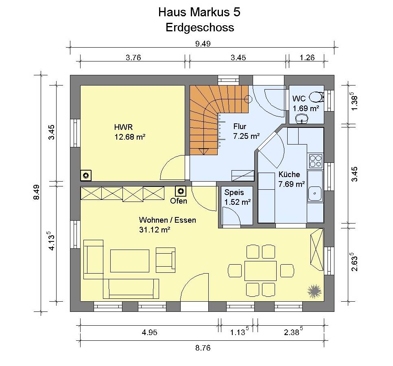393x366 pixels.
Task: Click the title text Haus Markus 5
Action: (199, 12)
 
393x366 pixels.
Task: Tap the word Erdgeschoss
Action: (200, 28)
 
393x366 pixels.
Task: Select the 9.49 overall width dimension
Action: (203, 44)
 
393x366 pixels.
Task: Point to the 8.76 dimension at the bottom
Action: (203, 348)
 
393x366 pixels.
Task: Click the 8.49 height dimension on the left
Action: (37, 192)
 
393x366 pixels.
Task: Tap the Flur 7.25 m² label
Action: (247, 131)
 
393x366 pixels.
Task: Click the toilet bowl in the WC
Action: (316, 97)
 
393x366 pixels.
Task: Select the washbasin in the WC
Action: (302, 118)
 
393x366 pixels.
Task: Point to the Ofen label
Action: (179, 201)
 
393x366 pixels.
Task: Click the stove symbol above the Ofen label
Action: (181, 191)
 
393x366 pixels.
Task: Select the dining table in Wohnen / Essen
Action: (260, 271)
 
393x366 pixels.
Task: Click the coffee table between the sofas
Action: (130, 261)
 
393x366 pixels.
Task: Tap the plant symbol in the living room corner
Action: (314, 291)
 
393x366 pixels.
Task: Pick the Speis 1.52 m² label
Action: (237, 197)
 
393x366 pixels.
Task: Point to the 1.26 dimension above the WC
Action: (307, 58)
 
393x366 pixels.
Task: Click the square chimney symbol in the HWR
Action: (86, 175)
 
